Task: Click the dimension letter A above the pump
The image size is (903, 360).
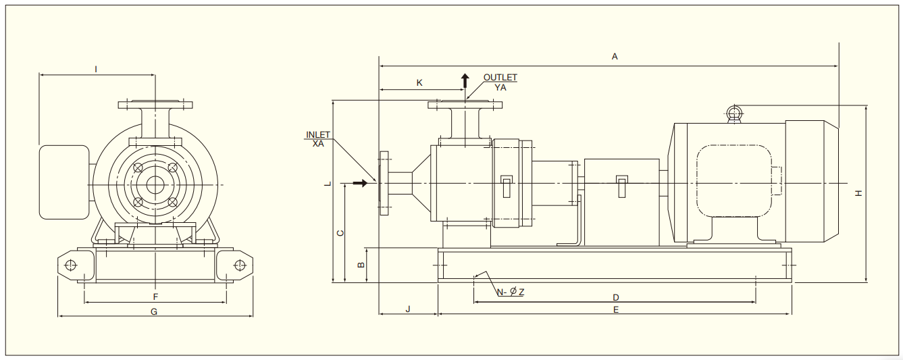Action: [x=615, y=57]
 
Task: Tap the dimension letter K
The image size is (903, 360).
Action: [x=419, y=82]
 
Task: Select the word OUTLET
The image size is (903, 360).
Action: [x=500, y=78]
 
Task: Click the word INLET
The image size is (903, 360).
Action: [x=318, y=135]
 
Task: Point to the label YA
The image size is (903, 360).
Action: [x=500, y=87]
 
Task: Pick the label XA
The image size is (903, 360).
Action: [x=318, y=143]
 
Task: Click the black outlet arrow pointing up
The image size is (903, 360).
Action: [x=465, y=82]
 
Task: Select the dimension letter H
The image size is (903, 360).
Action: [x=858, y=193]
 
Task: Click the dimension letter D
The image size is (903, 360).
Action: [x=616, y=297]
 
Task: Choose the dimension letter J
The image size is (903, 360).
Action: [x=408, y=309]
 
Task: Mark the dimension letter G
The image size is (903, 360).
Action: [x=154, y=311]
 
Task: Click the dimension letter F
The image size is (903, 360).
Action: [x=155, y=297]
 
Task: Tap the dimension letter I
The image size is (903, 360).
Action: [x=96, y=69]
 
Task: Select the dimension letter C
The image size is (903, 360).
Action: [x=340, y=233]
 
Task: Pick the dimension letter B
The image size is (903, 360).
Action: [x=361, y=264]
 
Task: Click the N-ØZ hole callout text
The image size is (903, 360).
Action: [x=511, y=292]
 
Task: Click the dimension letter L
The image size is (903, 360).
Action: [x=327, y=183]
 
